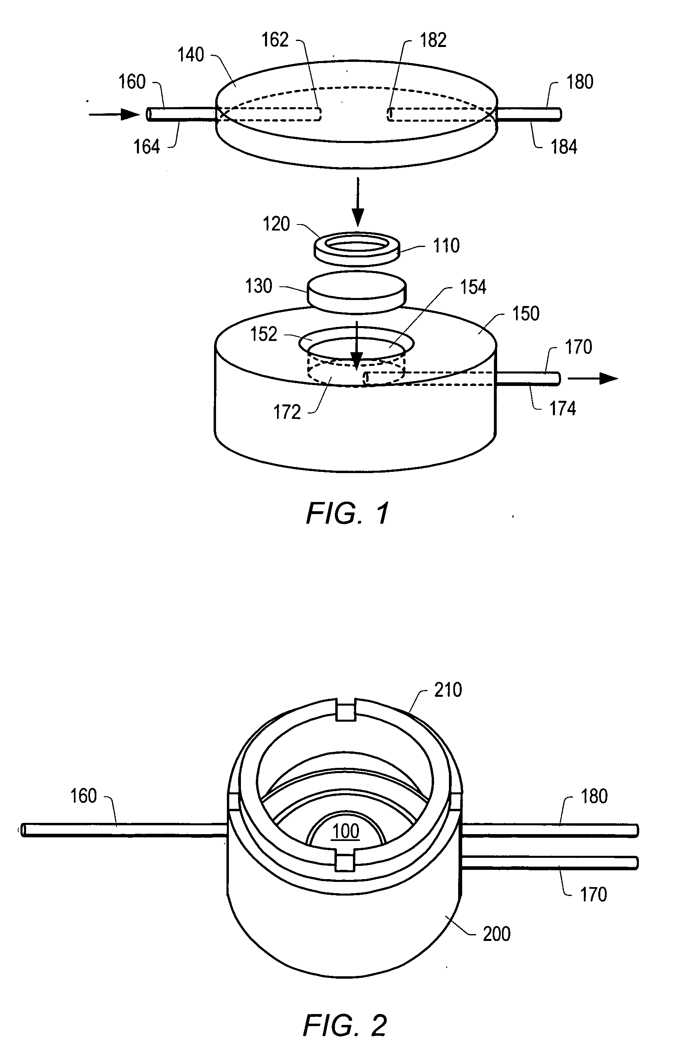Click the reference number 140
[190, 55]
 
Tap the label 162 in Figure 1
[275, 40]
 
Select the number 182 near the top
[433, 40]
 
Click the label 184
[563, 147]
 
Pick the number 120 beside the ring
[276, 224]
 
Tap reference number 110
[446, 245]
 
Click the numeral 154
[473, 287]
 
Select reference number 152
[264, 334]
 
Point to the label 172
[287, 412]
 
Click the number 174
[562, 409]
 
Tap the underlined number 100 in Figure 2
[346, 831]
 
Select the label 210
[448, 690]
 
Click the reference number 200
[496, 934]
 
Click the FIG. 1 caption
[347, 513]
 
